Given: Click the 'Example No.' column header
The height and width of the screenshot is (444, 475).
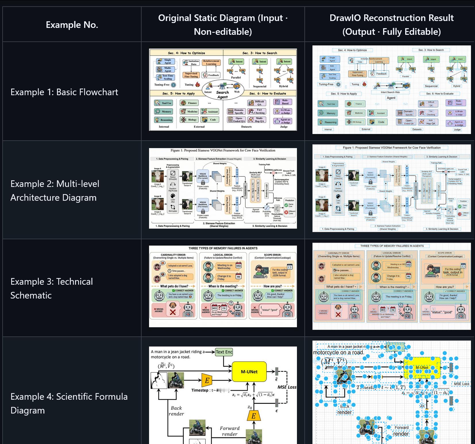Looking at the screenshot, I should [x=72, y=25].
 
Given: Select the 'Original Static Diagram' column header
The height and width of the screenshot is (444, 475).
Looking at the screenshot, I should [x=223, y=25].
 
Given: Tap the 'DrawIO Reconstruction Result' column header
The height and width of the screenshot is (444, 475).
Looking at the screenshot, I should [x=391, y=25].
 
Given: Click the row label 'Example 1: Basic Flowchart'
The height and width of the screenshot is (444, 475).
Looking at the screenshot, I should [x=64, y=92].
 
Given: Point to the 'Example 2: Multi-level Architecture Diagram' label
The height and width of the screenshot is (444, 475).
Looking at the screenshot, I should [x=55, y=190].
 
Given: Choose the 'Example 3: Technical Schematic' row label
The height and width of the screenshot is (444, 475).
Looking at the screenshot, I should [x=52, y=288].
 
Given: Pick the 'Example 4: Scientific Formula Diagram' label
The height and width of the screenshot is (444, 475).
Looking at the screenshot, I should [x=69, y=403].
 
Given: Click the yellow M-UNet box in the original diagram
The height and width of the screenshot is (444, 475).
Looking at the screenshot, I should [x=249, y=372].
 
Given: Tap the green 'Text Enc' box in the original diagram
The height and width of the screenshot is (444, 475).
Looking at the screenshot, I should [x=224, y=352].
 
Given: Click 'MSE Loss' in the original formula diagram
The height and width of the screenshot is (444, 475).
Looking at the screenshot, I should [x=287, y=387].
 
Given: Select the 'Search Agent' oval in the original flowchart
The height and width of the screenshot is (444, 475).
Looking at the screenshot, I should [x=223, y=92].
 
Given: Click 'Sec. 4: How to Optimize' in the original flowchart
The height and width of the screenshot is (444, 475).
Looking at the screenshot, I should [x=186, y=53].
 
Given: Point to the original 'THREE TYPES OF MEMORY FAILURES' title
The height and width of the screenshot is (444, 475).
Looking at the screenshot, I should [x=223, y=248].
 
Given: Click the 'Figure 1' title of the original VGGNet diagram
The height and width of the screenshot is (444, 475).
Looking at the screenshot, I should [x=223, y=150].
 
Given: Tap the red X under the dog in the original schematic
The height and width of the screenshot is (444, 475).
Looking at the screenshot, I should [x=173, y=312].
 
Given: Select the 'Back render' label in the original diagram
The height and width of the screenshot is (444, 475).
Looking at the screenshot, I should [x=176, y=411].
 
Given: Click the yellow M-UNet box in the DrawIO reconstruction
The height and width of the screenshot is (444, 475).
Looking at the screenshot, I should [x=422, y=368].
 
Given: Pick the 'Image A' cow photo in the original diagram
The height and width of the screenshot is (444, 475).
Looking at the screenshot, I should [x=157, y=176].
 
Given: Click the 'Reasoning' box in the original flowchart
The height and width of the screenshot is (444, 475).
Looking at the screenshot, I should [x=163, y=120].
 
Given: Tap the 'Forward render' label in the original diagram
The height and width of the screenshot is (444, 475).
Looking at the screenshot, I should [x=229, y=431].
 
